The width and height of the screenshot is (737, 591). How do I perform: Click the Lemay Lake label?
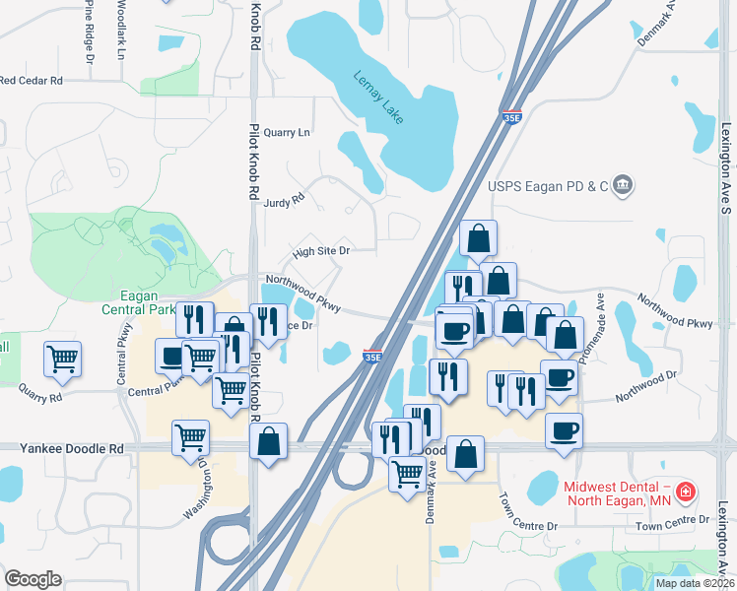[x=379, y=99]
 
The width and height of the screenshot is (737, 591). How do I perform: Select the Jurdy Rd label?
[x=285, y=202]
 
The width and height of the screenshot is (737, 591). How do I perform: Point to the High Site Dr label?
[x=320, y=251]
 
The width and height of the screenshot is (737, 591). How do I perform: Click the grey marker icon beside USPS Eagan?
[x=622, y=184]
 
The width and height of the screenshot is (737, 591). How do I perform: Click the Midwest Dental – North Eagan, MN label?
[x=617, y=494]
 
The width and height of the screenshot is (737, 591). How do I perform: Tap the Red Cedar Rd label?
[x=32, y=80]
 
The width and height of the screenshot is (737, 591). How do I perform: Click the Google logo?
[x=33, y=579]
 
